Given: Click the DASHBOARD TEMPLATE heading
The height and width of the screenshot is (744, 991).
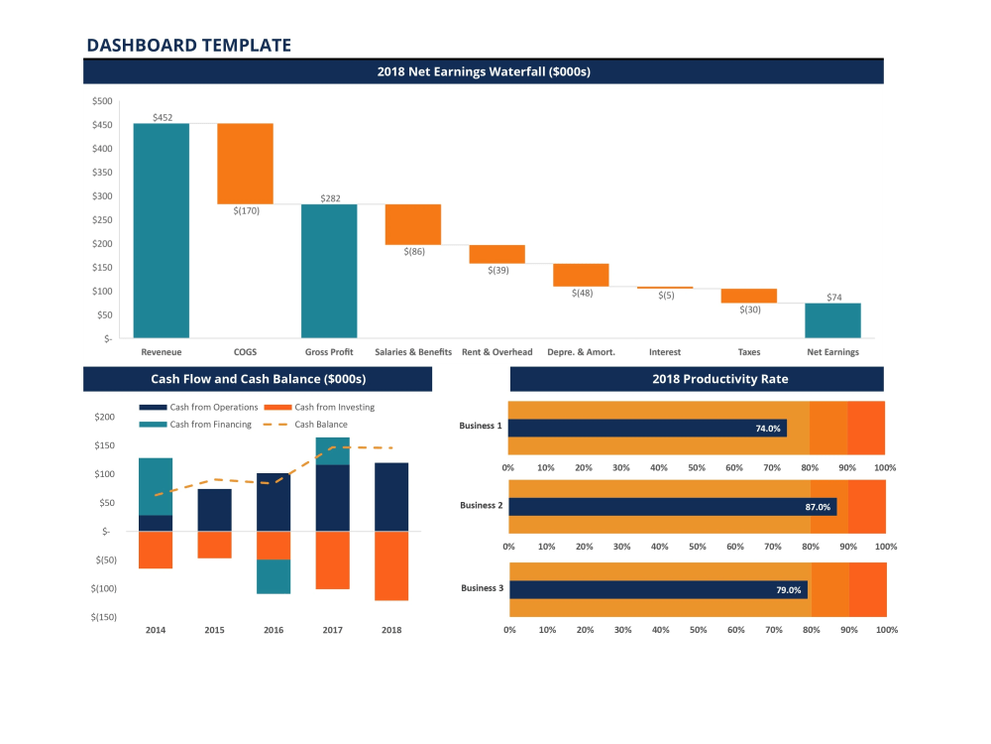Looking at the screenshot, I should tap(188, 45).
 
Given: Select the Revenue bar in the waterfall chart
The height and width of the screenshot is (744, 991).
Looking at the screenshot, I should tap(161, 230).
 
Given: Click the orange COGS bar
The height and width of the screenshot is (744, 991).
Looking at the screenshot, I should tap(245, 164).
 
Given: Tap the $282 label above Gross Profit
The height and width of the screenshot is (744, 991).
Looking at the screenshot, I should tap(330, 198).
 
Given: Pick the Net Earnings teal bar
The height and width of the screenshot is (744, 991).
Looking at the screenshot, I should tap(832, 320).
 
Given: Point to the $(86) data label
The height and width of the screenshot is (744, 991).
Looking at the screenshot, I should tap(413, 252).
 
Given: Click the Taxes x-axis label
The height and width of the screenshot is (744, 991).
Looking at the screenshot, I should tap(749, 352).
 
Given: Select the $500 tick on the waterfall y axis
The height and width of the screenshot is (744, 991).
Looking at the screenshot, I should tap(102, 101).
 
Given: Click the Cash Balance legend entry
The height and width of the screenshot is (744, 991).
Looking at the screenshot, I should tap(320, 425).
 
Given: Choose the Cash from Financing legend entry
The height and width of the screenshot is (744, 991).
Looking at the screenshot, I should tap(209, 425).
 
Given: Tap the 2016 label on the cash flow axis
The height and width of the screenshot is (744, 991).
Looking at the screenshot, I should tap(274, 630).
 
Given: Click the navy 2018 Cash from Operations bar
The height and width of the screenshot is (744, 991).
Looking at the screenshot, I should tap(391, 497).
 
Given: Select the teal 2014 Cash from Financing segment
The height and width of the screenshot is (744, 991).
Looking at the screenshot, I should tap(156, 486).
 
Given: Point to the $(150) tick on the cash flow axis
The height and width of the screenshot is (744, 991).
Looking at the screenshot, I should tap(104, 617).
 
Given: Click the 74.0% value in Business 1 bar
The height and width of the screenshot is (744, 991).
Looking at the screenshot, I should tap(768, 429).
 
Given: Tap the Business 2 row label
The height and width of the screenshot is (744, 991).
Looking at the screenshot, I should tap(481, 505).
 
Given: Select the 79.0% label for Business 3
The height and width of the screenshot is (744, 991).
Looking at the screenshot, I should tap(789, 590).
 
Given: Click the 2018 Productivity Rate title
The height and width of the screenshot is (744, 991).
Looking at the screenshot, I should tap(696, 379).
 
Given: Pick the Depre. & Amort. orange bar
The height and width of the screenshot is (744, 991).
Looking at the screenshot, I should tap(581, 275).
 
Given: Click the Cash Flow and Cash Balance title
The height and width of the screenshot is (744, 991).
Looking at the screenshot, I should tap(258, 379).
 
